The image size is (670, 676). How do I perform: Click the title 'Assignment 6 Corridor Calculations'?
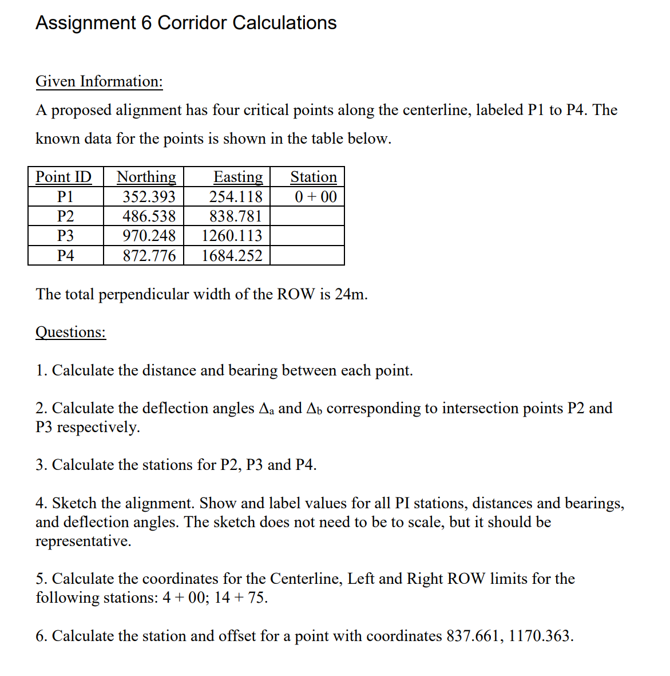pos(186,23)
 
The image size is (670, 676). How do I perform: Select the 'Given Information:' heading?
pos(99,81)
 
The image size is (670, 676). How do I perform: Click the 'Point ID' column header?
pos(64,177)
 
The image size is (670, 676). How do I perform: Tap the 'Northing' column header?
pos(146,177)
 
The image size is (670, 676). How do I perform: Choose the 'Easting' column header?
pos(238,177)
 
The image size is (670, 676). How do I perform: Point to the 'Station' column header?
pos(314,177)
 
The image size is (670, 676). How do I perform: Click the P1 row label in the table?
pos(65,197)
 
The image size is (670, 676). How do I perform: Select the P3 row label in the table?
pos(65,236)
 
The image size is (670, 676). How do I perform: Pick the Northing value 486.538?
pos(149,216)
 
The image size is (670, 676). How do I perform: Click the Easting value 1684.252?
pos(232,256)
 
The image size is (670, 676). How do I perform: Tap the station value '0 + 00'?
pos(316,197)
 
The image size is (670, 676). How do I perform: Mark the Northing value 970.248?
pos(149,236)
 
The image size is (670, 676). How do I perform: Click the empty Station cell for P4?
pos(307,256)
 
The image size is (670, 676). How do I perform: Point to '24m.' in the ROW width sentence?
pos(351,294)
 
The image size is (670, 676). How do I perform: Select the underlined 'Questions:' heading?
pos(71,332)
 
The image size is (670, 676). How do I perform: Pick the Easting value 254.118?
pos(236,197)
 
